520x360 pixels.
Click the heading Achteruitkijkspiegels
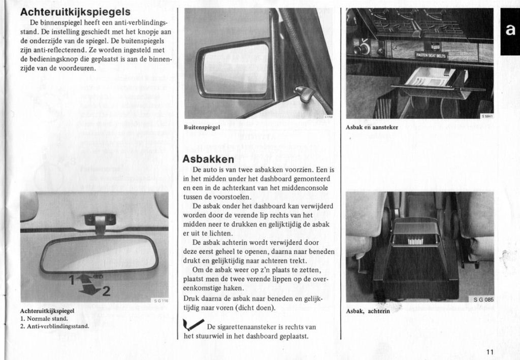(75, 12)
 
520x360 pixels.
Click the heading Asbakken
(208, 158)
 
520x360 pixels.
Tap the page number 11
(489, 352)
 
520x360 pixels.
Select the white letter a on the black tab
(510, 31)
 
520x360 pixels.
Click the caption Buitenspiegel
(202, 127)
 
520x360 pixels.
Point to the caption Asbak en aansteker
(372, 127)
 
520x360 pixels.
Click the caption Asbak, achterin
(368, 311)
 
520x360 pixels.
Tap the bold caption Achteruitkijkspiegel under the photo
(47, 310)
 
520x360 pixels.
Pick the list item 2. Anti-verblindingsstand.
(54, 326)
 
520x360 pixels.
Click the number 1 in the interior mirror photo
(72, 278)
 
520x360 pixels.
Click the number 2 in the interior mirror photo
(106, 291)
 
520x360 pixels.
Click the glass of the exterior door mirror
(236, 69)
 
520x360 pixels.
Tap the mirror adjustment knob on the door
(303, 93)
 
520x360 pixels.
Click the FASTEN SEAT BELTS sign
(432, 55)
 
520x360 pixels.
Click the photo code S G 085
(483, 300)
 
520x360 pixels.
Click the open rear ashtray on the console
(415, 233)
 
